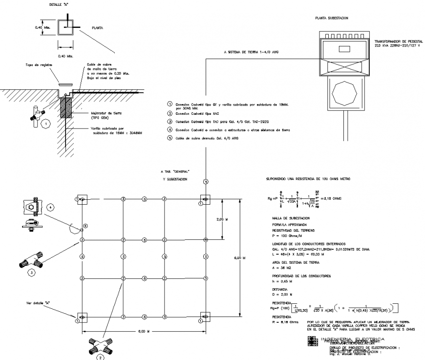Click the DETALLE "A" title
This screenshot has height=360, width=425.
(x=59, y=4)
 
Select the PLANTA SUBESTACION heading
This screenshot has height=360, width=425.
(x=332, y=18)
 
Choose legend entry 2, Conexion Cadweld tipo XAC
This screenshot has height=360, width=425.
(x=195, y=113)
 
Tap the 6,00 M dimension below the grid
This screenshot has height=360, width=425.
(x=142, y=332)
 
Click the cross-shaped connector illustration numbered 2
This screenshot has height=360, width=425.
(x=100, y=347)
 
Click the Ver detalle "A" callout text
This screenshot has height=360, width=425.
(x=39, y=303)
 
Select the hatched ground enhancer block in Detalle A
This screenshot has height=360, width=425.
(x=66, y=107)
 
